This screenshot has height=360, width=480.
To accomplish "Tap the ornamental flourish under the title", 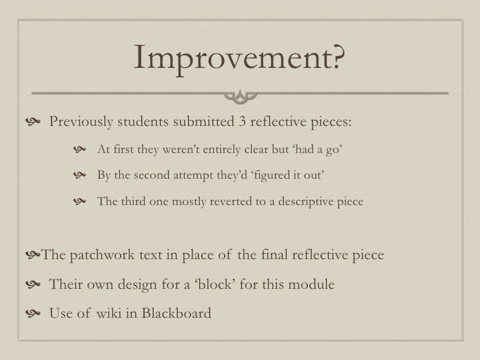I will [x=239, y=97].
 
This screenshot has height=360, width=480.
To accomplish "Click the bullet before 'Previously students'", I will [x=34, y=123].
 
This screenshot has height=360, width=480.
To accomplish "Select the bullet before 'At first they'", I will [x=81, y=150].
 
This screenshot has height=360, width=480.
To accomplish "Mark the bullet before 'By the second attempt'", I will [x=81, y=176].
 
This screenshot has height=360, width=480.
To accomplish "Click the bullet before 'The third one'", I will [x=81, y=202].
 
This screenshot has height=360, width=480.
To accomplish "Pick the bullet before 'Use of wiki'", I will [x=34, y=313].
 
